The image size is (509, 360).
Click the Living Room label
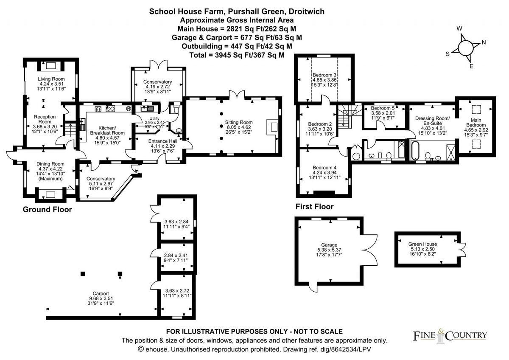point(51,79)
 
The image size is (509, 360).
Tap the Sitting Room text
point(238,122)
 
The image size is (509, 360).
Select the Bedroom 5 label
point(383,108)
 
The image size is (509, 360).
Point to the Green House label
point(422,244)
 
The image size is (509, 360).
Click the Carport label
point(101,293)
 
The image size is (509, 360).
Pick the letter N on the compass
point(484,42)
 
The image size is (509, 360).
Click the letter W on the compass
point(459,28)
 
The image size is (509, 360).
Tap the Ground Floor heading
point(47,209)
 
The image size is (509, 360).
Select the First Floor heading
point(314,206)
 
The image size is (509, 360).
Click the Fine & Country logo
point(450,336)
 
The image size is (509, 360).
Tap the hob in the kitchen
point(98,109)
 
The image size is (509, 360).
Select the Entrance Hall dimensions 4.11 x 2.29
point(163,146)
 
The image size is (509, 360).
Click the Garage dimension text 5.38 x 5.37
point(329,250)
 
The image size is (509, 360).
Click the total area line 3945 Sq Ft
point(237,55)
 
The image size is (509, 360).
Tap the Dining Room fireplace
point(50,195)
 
